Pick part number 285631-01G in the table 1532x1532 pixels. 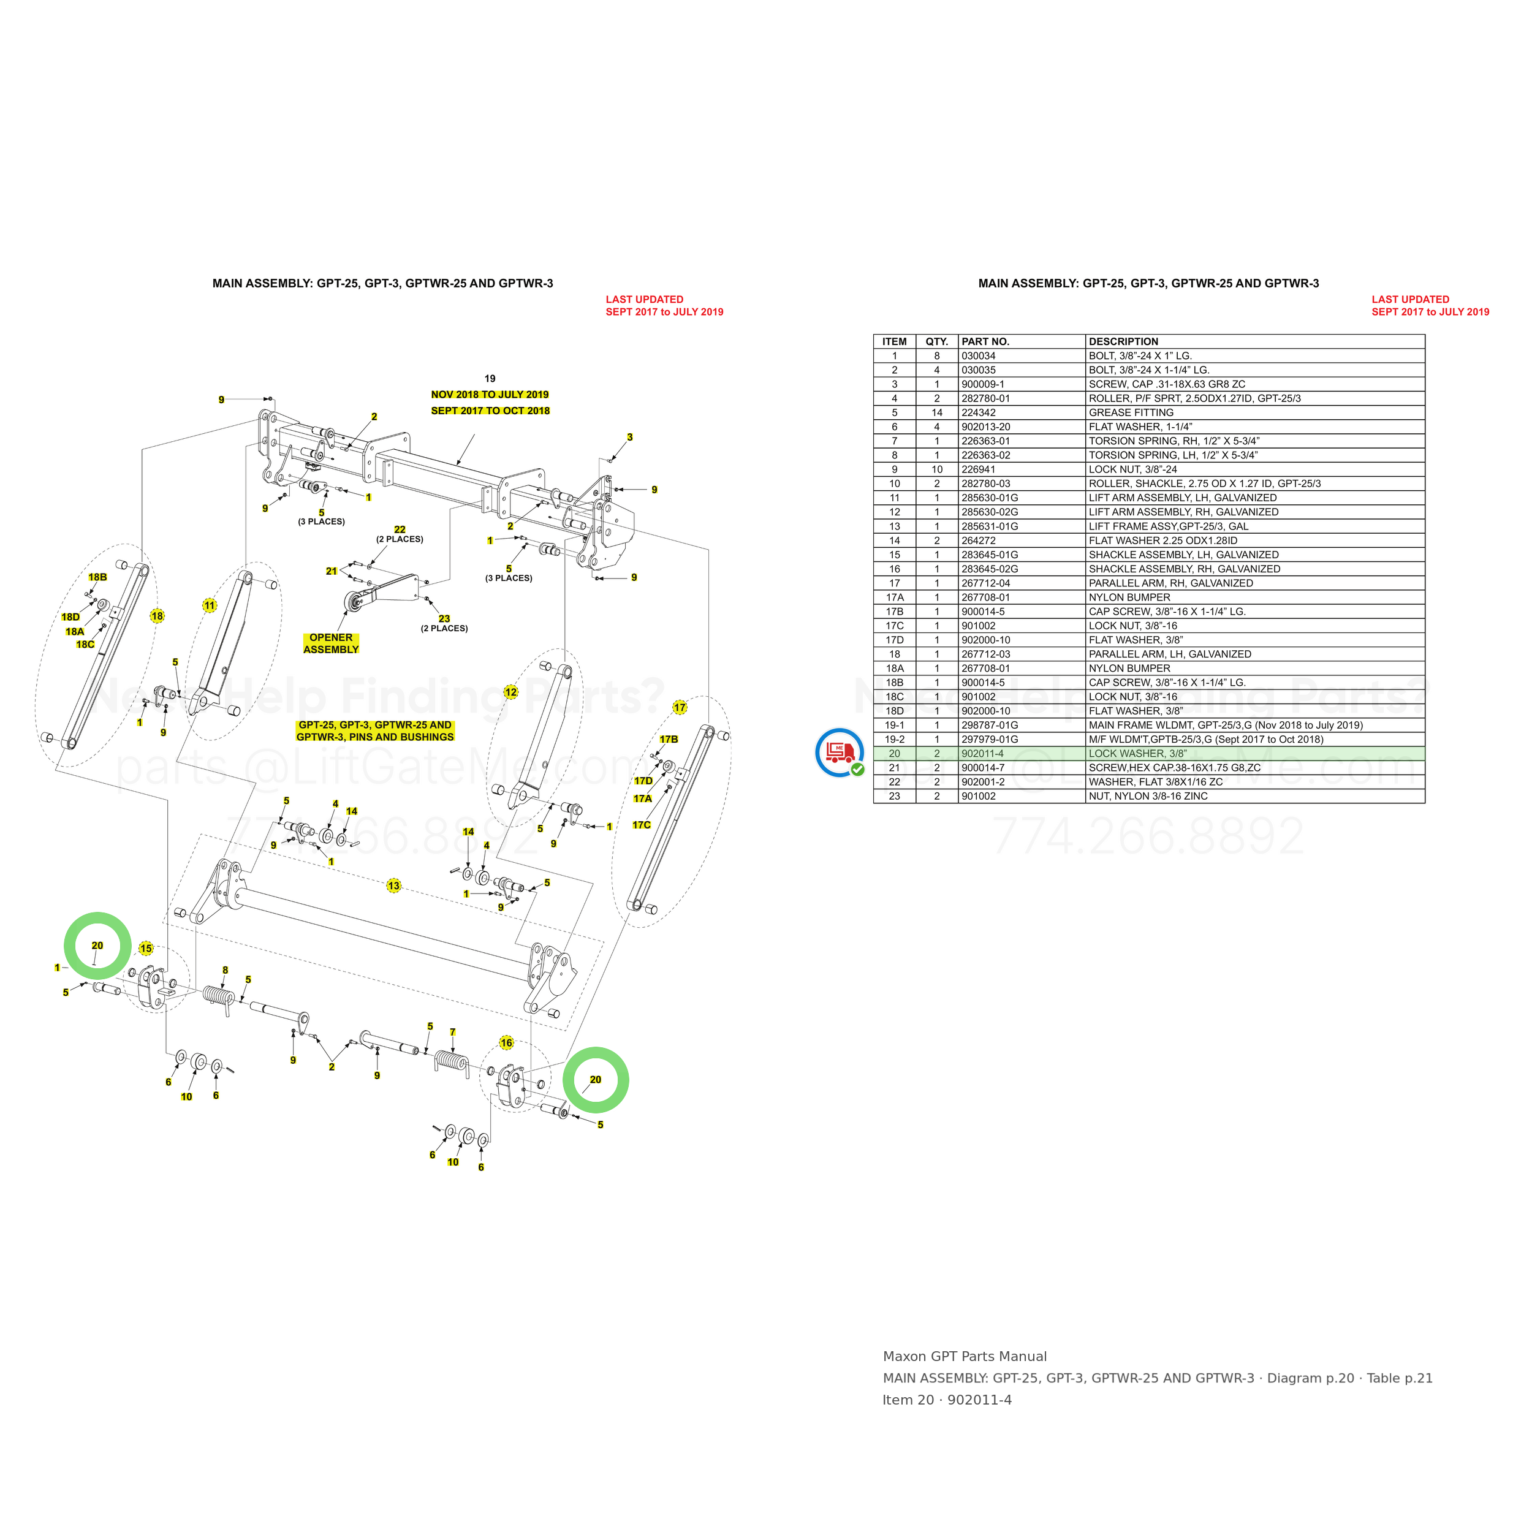990,526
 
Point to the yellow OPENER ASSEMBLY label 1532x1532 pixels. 332,643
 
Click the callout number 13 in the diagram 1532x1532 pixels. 394,885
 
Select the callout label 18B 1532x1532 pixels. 97,577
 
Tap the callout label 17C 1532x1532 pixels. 642,825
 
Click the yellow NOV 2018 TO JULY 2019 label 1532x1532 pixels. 490,394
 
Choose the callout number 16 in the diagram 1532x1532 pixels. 507,1043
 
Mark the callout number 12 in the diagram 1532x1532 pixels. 510,692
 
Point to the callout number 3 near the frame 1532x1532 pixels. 629,437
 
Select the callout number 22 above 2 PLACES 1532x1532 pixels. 400,529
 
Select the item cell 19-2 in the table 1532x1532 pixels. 895,740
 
